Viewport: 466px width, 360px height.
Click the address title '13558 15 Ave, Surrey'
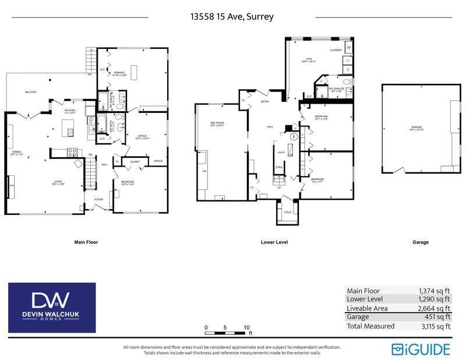point(232,16)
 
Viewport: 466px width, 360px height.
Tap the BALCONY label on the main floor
point(31,93)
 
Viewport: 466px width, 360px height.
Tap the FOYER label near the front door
point(99,199)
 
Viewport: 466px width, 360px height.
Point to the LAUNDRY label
point(336,50)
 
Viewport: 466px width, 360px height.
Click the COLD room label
point(287,212)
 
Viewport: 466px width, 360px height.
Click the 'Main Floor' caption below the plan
point(86,242)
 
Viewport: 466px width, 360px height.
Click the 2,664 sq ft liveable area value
point(434,308)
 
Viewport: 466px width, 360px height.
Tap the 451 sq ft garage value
point(438,317)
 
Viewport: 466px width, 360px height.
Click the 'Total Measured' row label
point(370,326)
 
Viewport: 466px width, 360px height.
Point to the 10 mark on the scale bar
point(246,327)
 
